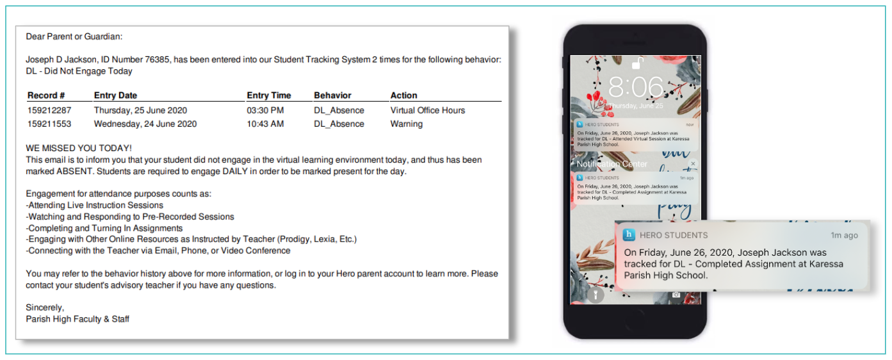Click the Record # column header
[46, 95]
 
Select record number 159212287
[49, 110]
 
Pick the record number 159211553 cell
[49, 124]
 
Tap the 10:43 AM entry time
[265, 124]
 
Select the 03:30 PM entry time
[265, 110]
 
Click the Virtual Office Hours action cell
[428, 110]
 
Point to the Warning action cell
[407, 124]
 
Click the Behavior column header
[332, 95]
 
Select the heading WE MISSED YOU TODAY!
[79, 148]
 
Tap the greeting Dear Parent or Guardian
[74, 37]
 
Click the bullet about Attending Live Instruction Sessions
[95, 205]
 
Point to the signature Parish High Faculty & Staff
[77, 318]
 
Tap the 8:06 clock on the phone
[636, 86]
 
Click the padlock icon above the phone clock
[637, 63]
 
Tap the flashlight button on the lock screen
[594, 295]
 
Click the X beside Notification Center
[693, 164]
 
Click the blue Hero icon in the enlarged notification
[629, 235]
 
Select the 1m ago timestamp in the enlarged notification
[844, 235]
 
